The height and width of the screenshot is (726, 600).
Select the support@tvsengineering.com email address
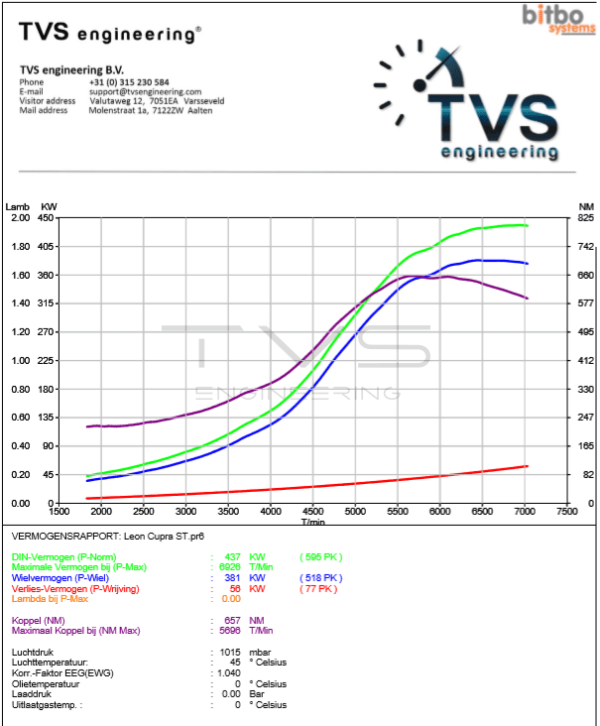145,91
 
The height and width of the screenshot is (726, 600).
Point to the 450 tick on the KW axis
47,217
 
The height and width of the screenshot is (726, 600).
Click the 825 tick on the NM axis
586,217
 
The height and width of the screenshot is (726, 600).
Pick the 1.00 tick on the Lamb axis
20,360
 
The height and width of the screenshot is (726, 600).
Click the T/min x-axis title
312,521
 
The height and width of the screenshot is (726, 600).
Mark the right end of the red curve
527,466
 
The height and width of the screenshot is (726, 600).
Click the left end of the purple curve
87,426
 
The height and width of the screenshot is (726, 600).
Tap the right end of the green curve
527,225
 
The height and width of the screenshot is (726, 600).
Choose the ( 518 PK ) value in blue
320,577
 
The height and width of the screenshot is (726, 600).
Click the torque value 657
231,620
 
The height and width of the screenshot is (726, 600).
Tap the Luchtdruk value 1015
229,653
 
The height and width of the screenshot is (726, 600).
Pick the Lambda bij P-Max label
52,597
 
